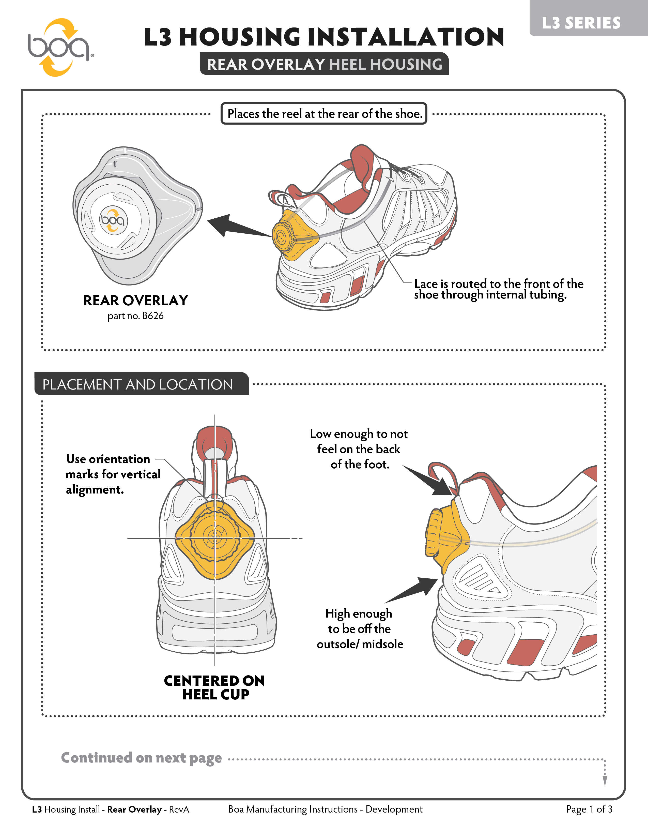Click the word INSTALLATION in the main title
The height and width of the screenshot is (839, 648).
406,37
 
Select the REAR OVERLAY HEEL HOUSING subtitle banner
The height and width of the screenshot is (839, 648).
325,64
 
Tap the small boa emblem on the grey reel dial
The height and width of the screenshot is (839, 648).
113,220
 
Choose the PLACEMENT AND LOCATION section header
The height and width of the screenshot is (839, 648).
137,384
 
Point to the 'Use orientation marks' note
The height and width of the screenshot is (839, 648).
113,474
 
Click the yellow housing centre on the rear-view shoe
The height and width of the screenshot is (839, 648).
214,538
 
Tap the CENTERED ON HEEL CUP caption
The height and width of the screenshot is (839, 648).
214,688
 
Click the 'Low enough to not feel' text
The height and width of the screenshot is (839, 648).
359,449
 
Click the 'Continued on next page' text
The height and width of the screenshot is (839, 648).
141,758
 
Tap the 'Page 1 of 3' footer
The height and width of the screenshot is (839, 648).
589,810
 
